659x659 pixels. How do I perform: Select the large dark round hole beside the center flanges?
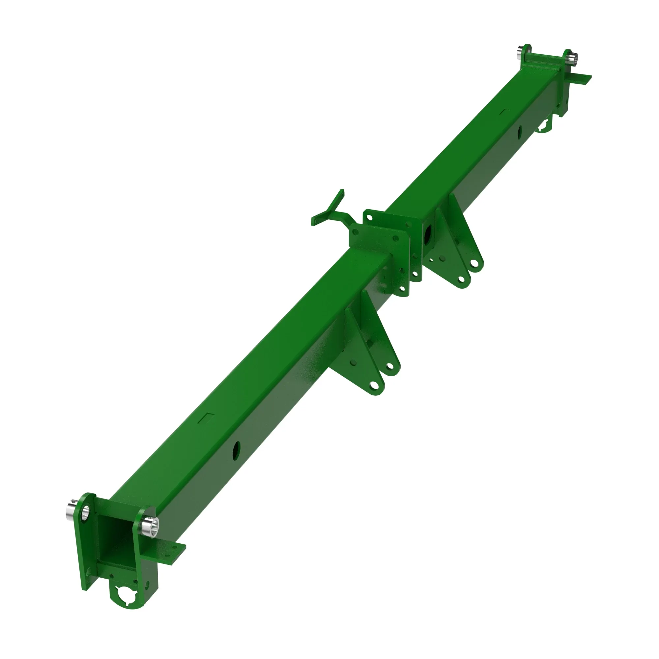click(x=428, y=235)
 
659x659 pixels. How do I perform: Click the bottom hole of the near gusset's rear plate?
click(x=388, y=366)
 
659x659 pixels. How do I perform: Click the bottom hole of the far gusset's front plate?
click(x=461, y=279)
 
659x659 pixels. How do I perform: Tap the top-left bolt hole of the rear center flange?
click(x=369, y=215)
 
